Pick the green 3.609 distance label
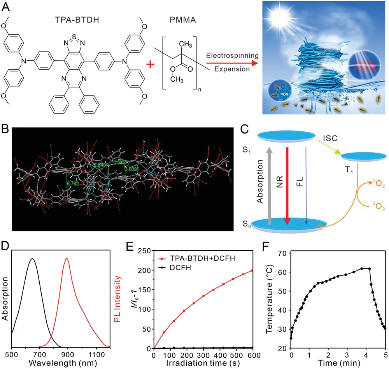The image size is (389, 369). coord(132,169)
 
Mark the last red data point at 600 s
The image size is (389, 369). coord(252,271)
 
